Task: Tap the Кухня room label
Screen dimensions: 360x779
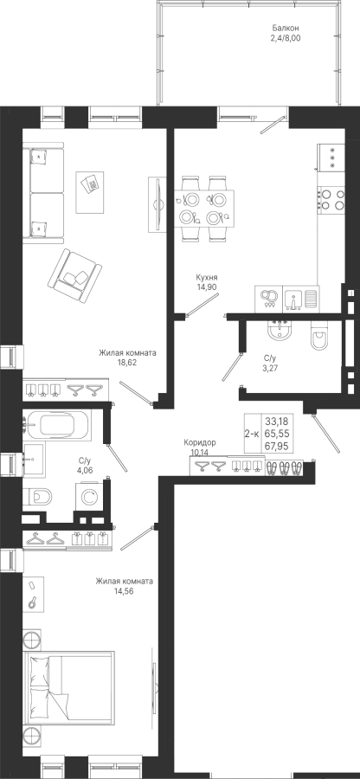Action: pos(207,278)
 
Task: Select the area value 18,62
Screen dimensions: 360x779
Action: pos(127,362)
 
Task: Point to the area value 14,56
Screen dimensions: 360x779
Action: pos(124,590)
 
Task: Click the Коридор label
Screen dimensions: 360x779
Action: pos(200,442)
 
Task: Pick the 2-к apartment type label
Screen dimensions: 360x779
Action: pos(252,434)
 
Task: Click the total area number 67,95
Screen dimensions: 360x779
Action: pos(278,446)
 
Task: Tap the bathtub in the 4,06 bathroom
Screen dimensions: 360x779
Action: pos(57,425)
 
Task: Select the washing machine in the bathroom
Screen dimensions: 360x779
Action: pos(90,496)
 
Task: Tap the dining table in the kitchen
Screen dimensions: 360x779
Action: pos(203,208)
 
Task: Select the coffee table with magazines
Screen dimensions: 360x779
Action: pos(90,192)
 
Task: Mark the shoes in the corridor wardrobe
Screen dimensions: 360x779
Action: pos(285,468)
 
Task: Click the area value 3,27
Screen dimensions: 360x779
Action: pos(270,368)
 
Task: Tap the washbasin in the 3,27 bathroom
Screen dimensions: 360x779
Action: pos(281,331)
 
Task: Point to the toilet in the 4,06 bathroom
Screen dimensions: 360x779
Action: pos(39,496)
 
